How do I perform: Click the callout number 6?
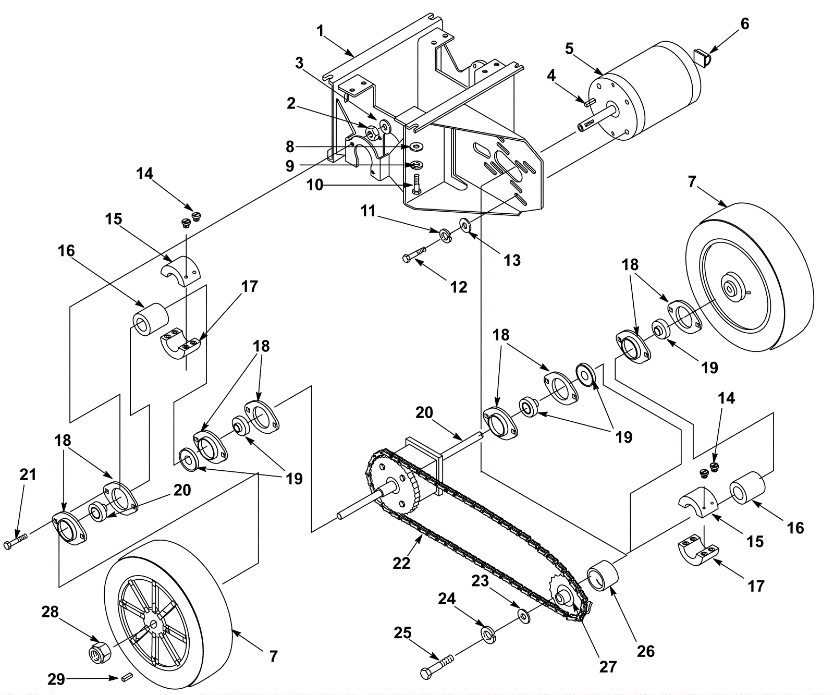click(744, 24)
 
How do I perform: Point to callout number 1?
click(320, 30)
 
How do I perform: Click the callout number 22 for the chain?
click(401, 563)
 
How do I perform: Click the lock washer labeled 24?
click(488, 636)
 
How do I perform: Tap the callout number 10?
click(315, 185)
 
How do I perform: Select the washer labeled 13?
click(464, 225)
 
